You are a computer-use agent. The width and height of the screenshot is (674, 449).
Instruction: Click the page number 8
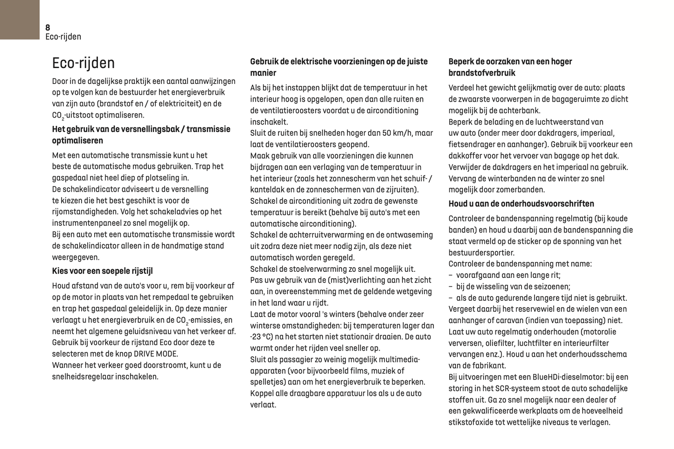(48, 28)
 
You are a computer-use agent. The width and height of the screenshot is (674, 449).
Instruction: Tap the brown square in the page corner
(20, 20)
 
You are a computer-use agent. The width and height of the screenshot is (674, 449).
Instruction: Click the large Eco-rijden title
(83, 63)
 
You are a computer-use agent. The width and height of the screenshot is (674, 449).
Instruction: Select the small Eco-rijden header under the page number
(63, 37)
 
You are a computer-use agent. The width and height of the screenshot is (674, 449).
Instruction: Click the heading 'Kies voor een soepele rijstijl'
(102, 271)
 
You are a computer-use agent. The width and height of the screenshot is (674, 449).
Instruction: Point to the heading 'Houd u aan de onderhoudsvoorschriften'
(521, 204)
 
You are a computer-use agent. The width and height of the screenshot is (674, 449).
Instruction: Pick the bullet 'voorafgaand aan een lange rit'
(508, 275)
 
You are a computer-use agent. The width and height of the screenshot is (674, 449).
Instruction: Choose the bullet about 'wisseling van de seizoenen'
(513, 286)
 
